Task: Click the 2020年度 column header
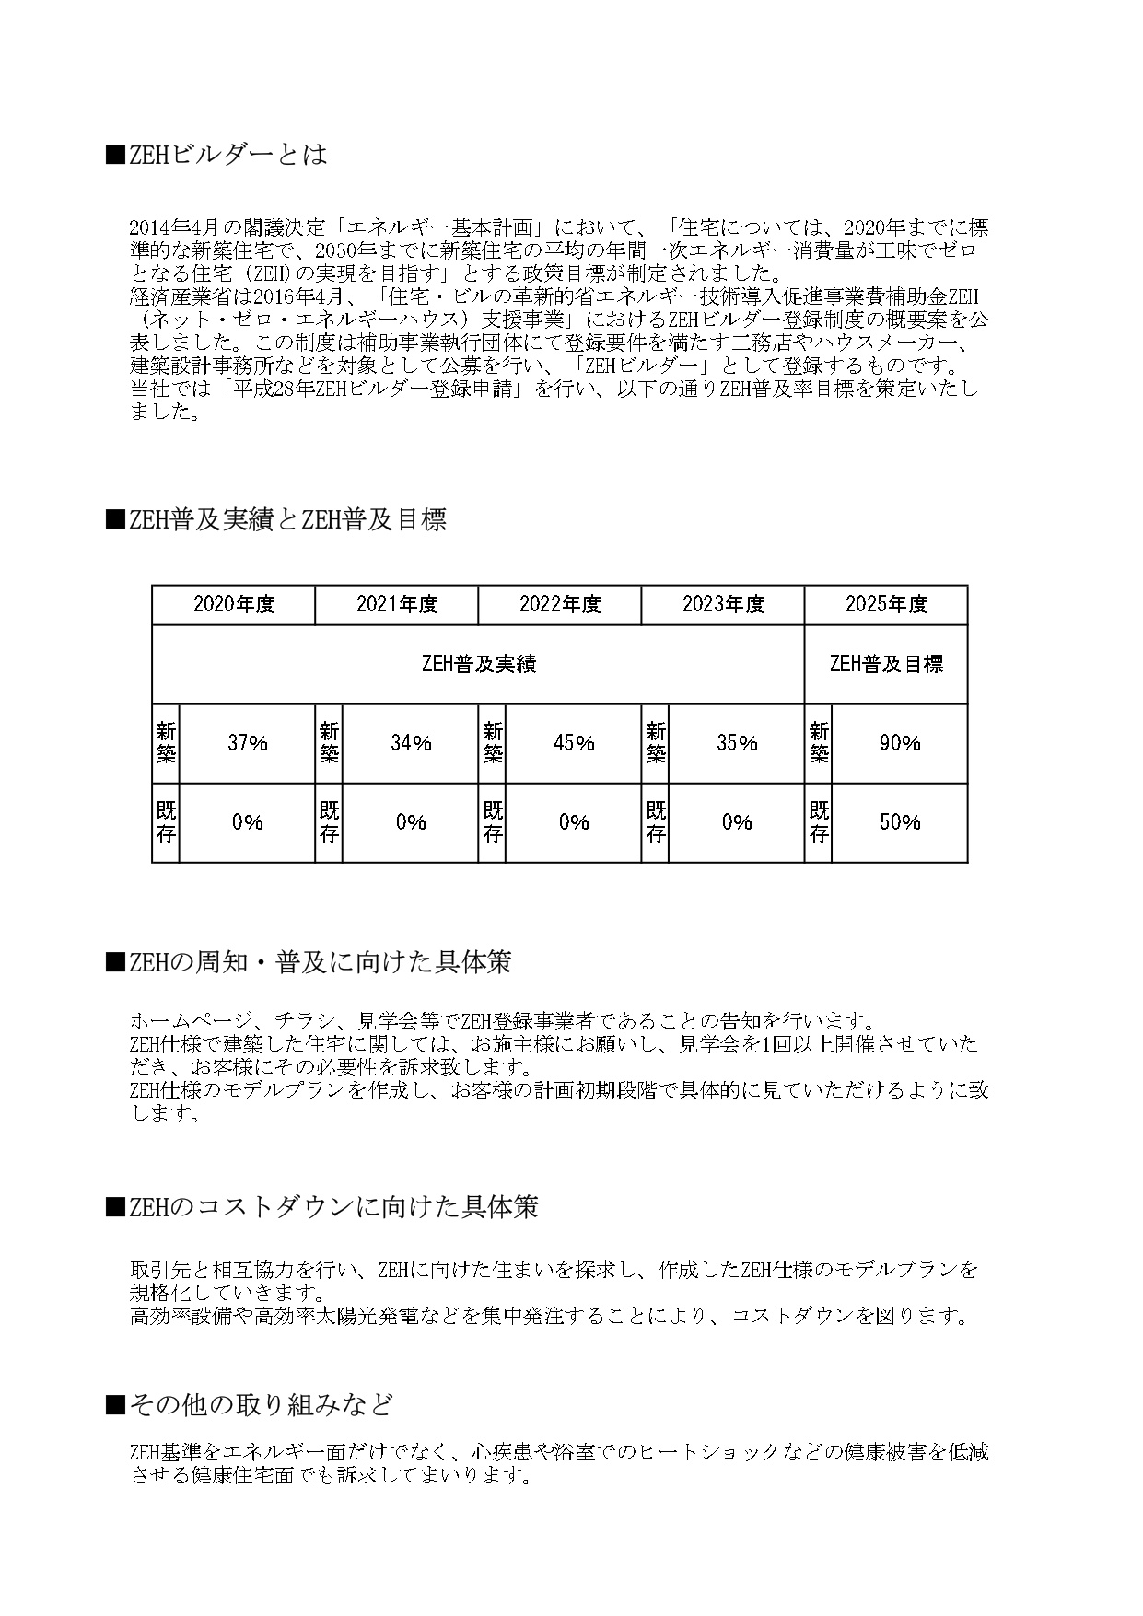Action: (234, 605)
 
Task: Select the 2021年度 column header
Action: (397, 605)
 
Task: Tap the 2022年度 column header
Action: (560, 605)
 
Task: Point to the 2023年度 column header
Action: (723, 605)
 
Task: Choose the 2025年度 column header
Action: (886, 605)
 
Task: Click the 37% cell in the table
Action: (247, 743)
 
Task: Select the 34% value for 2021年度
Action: (411, 743)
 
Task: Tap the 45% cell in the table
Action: (574, 743)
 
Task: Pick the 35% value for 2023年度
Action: (737, 743)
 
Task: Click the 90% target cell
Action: (900, 743)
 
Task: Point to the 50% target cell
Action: (900, 822)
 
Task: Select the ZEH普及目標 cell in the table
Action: (886, 664)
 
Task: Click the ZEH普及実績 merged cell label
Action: (478, 664)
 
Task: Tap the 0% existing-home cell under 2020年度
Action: (247, 822)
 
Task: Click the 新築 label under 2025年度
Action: (818, 743)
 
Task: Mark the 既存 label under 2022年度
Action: (493, 822)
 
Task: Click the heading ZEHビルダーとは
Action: (227, 154)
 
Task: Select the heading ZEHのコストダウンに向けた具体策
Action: (332, 1207)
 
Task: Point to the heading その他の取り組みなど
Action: (261, 1404)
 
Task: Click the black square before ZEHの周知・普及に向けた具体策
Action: (114, 963)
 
